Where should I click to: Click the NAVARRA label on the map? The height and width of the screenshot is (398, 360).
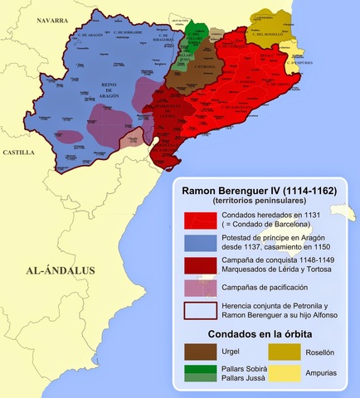point(46,19)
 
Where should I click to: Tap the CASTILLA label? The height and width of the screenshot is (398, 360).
point(18,153)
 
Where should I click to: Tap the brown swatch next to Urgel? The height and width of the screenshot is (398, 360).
point(198,351)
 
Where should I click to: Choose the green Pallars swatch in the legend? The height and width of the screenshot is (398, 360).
point(198,374)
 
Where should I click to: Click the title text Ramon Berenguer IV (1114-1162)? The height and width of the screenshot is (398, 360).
point(260,190)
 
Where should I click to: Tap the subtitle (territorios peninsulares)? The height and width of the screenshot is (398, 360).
point(259,201)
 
